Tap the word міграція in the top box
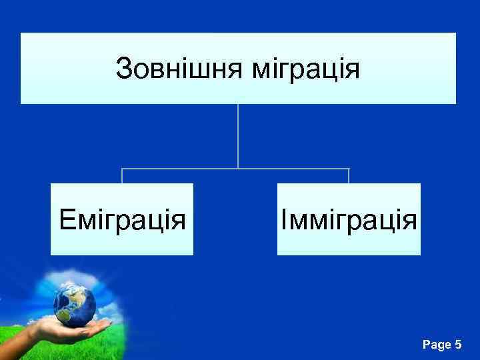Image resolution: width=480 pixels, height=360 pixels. [x=306, y=69]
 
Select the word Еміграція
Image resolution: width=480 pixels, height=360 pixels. [x=122, y=219]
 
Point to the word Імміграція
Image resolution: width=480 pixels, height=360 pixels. [x=349, y=219]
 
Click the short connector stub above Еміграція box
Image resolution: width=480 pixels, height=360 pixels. [x=122, y=175]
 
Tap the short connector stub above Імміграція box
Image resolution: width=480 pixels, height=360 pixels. [x=349, y=175]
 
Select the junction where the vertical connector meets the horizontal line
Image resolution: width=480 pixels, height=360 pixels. [x=238, y=168]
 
